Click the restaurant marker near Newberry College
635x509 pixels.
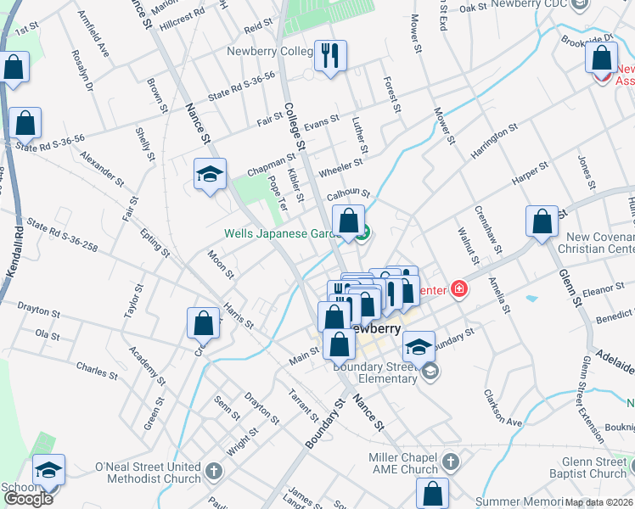330,56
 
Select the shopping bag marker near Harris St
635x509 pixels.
203,322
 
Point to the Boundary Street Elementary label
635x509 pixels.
375,372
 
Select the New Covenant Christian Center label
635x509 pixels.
595,243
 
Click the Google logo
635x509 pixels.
28,498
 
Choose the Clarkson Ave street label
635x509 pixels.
503,406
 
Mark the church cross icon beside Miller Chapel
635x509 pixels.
451,463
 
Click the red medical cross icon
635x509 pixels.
459,289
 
